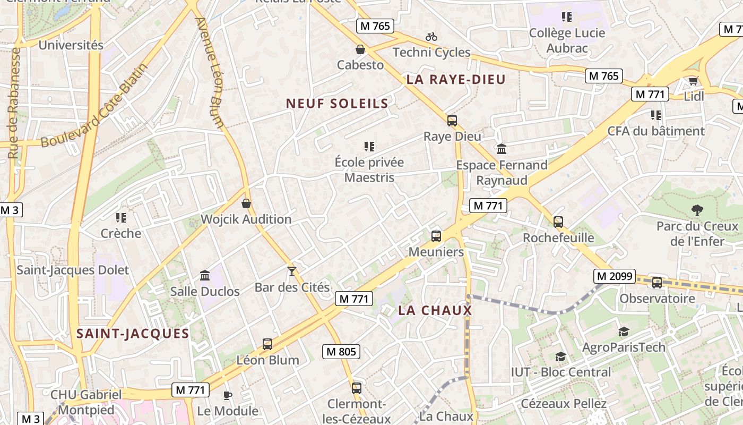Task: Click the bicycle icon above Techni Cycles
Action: [431, 37]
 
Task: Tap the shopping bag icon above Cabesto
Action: [360, 49]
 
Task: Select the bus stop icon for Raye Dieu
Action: [452, 121]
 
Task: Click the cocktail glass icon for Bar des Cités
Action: [291, 271]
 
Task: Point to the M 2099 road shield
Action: [615, 276]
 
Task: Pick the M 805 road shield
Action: [341, 351]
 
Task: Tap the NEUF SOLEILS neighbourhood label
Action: [338, 104]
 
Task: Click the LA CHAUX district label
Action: [435, 311]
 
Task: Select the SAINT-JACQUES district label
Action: [133, 334]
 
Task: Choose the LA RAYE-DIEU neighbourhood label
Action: [456, 80]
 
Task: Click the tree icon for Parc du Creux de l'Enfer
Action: [697, 210]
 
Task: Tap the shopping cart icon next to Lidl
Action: [693, 81]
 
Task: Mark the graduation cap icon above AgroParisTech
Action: [624, 332]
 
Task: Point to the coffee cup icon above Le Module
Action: [227, 395]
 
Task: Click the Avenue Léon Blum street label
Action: [210, 73]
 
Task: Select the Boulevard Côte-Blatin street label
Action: [93, 106]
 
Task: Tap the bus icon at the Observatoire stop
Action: [657, 283]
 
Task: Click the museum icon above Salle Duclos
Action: [205, 275]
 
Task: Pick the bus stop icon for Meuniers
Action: [436, 236]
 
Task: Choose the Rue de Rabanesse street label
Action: [14, 104]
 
